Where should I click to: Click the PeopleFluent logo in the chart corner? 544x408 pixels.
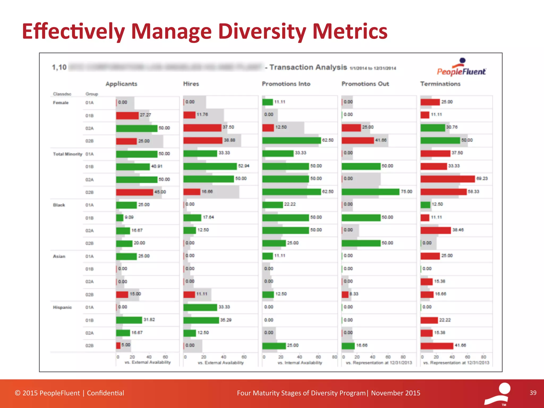tap(461, 68)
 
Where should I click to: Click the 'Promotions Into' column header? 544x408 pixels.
tap(286, 84)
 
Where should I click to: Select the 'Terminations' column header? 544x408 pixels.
tap(440, 84)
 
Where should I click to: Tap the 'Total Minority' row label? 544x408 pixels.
tap(67, 154)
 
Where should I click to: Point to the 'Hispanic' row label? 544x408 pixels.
tap(62, 307)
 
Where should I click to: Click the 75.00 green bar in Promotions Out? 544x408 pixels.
tap(370, 192)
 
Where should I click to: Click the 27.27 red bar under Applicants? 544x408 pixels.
tap(127, 116)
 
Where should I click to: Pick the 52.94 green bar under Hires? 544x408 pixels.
tap(210, 166)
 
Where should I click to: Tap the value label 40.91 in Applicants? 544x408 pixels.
tap(157, 166)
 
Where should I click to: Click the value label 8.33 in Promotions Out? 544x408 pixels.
tap(354, 294)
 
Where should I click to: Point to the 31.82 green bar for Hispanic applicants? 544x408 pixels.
tap(129, 320)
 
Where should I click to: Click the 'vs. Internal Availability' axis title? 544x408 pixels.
tap(300, 363)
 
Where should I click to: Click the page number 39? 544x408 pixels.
tap(533, 393)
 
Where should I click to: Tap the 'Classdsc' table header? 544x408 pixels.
tap(62, 94)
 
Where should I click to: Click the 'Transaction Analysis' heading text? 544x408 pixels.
tap(308, 67)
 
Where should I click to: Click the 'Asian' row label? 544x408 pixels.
tap(59, 256)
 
